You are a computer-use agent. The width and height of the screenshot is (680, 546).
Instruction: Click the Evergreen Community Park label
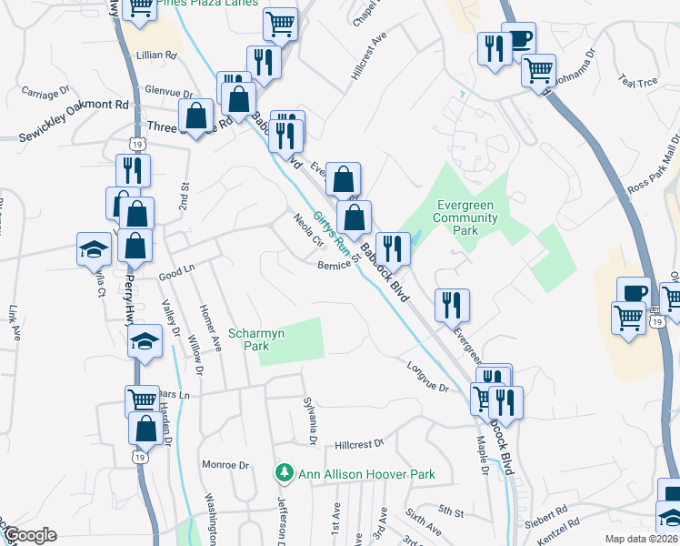click(466, 217)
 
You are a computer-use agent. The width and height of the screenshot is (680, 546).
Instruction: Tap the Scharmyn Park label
click(249, 339)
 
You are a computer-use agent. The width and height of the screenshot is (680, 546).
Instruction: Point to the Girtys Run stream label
click(332, 232)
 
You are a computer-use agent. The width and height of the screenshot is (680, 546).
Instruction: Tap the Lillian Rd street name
click(156, 56)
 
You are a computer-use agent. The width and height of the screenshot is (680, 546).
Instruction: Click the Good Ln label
click(176, 271)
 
